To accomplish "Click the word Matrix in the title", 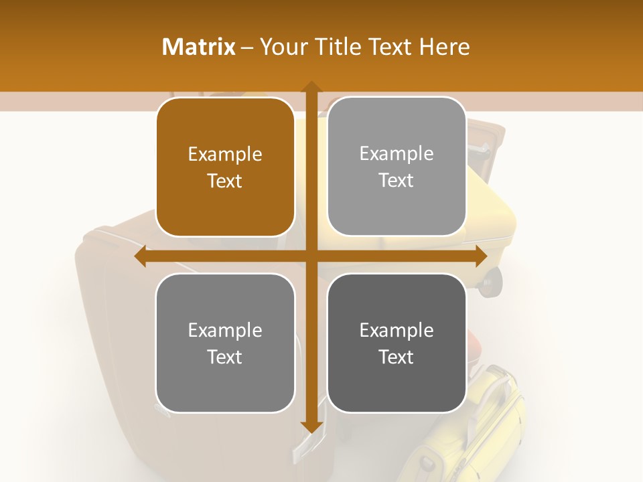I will [x=199, y=47].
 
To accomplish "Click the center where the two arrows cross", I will [x=311, y=257].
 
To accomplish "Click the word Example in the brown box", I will [x=225, y=155].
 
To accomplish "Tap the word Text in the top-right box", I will [x=397, y=180].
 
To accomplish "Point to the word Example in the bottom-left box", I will [x=225, y=330].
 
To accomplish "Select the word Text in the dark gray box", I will [x=397, y=357].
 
